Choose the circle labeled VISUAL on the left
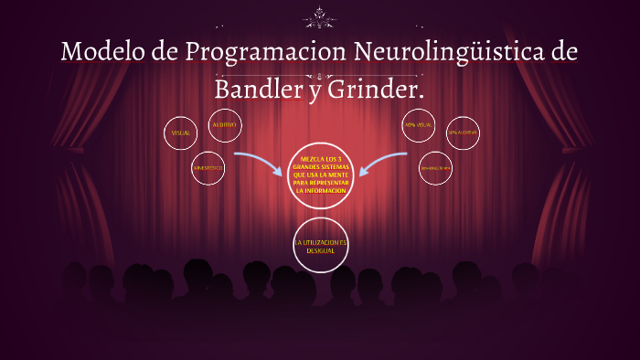pyautogui.click(x=181, y=133)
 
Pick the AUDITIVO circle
pyautogui.click(x=224, y=125)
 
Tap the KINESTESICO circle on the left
pyautogui.click(x=208, y=168)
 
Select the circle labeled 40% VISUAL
pyautogui.click(x=418, y=125)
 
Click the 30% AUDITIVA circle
pyautogui.click(x=462, y=133)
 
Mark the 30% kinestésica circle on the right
pyautogui.click(x=435, y=168)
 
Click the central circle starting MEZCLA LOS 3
pyautogui.click(x=320, y=175)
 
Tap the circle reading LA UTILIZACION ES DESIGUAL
pyautogui.click(x=320, y=245)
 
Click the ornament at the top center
pyautogui.click(x=320, y=16)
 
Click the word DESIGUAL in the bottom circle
pyautogui.click(x=320, y=249)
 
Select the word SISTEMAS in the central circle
pyautogui.click(x=334, y=168)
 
